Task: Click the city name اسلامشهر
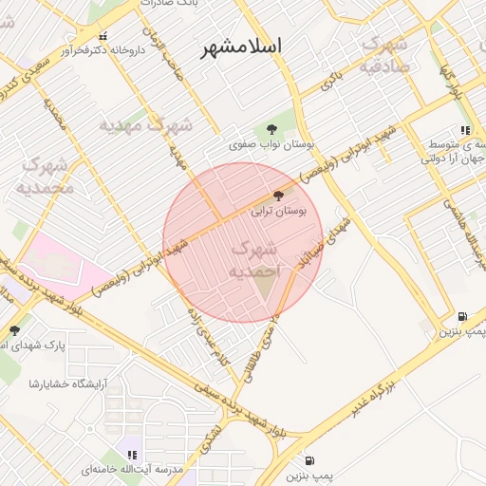pyautogui.click(x=242, y=50)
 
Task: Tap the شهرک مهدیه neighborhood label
pyautogui.click(x=147, y=124)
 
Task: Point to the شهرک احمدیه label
pyautogui.click(x=253, y=260)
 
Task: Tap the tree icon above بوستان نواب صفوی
pyautogui.click(x=272, y=129)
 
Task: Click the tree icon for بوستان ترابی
pyautogui.click(x=277, y=196)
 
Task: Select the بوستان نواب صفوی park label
pyautogui.click(x=271, y=145)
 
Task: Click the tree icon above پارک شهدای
pyautogui.click(x=13, y=330)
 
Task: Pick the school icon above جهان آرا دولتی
pyautogui.click(x=464, y=130)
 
